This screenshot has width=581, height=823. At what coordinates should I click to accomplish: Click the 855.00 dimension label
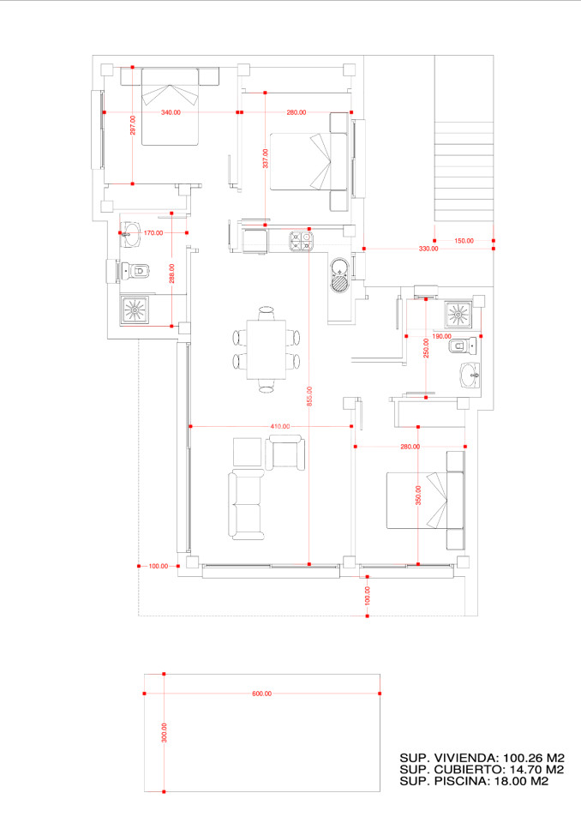click(x=309, y=396)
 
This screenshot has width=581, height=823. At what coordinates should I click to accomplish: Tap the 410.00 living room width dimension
click(x=279, y=426)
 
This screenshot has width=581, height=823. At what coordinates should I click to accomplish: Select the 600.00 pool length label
click(x=262, y=694)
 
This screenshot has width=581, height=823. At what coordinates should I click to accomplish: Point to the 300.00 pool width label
click(x=165, y=732)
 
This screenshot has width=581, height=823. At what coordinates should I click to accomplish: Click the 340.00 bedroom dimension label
click(x=171, y=112)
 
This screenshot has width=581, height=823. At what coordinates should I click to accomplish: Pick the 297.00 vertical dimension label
click(x=133, y=125)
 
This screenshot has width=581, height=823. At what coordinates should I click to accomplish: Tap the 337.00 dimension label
click(x=266, y=159)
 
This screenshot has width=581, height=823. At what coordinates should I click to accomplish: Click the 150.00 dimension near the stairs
click(x=464, y=241)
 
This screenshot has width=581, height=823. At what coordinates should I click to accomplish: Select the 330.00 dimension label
click(x=428, y=249)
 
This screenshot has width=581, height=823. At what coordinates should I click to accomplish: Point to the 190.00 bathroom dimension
click(x=441, y=336)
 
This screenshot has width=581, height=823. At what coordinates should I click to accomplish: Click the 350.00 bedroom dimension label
click(x=418, y=495)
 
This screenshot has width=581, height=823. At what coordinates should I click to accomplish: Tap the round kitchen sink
click(x=340, y=274)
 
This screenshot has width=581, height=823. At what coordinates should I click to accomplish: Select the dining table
click(x=267, y=350)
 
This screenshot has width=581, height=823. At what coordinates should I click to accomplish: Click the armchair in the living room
click(x=285, y=453)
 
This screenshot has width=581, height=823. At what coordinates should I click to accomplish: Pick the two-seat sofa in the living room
click(x=246, y=505)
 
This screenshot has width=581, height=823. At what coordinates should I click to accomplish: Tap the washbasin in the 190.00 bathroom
click(x=470, y=375)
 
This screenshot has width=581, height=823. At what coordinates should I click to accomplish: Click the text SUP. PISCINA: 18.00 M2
click(x=474, y=781)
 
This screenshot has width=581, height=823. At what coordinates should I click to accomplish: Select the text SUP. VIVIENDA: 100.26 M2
click(x=482, y=758)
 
